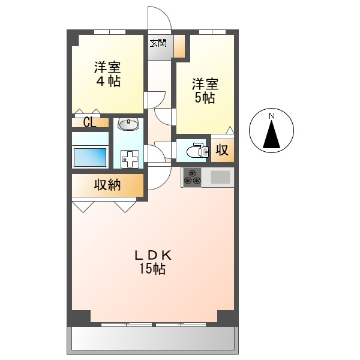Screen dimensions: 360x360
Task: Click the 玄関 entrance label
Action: click(x=158, y=43)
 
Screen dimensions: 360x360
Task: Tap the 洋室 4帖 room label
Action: click(x=107, y=74)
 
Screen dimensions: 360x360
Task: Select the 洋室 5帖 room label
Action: click(x=205, y=91)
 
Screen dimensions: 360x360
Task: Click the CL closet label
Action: click(x=89, y=122)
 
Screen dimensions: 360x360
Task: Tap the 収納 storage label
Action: click(x=107, y=185)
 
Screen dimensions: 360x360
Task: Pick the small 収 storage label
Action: click(x=222, y=151)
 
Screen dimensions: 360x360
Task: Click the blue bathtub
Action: click(x=90, y=157)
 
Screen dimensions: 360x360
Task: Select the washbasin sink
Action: click(x=128, y=124)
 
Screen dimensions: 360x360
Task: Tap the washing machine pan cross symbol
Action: click(x=130, y=159)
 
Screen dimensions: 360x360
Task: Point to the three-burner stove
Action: click(x=192, y=177)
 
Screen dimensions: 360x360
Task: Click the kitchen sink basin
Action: click(x=220, y=177)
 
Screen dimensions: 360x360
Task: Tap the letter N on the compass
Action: click(x=272, y=116)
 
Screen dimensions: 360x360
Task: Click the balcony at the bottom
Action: click(x=153, y=340)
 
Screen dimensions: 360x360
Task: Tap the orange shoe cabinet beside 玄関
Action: click(x=179, y=46)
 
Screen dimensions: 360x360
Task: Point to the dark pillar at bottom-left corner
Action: click(x=79, y=318)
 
